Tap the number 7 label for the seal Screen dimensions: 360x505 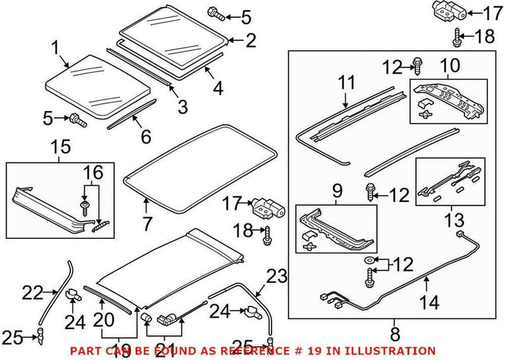[x=146, y=222]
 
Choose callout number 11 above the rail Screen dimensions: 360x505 [x=347, y=81]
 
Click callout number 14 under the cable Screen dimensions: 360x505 [x=430, y=303]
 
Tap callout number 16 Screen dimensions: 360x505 [x=92, y=172]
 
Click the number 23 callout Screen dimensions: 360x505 [x=276, y=277]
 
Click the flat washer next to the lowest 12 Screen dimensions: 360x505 [x=367, y=260]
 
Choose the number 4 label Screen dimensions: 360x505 [x=217, y=88]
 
